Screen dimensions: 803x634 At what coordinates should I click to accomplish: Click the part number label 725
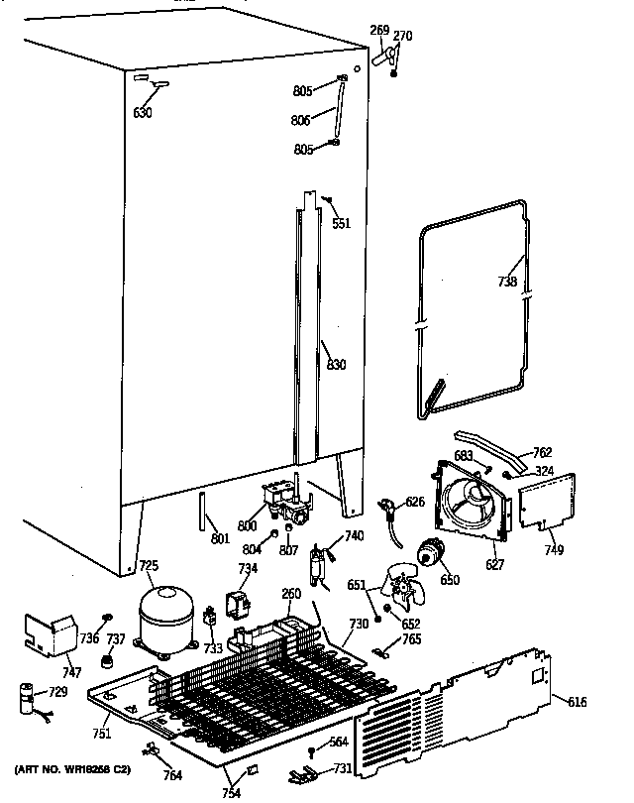tap(149, 566)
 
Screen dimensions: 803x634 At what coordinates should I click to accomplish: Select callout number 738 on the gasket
tap(507, 282)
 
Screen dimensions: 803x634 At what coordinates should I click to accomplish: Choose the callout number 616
tap(578, 702)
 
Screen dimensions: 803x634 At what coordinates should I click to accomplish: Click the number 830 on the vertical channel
tap(337, 365)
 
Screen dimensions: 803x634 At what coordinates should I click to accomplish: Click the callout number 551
tap(341, 223)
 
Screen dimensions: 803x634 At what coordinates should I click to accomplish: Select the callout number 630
tap(143, 112)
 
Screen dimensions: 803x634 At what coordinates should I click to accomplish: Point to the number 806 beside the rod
tap(301, 120)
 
